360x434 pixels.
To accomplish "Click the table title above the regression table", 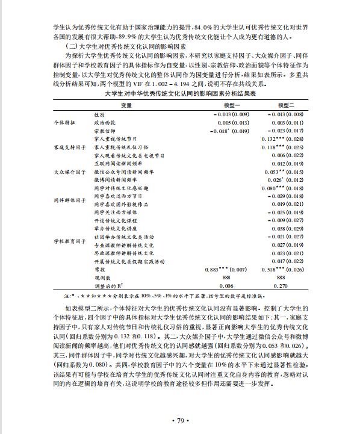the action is [180, 95].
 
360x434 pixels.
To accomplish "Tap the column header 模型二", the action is [281, 105].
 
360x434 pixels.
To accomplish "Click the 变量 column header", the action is [126, 105].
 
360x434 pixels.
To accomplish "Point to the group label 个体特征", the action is [65, 122].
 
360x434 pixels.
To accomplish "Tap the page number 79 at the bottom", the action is [181, 420].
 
